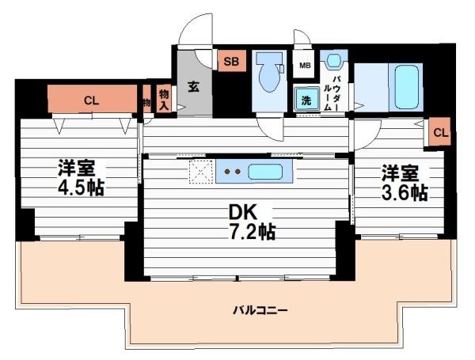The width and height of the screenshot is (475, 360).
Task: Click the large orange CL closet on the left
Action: click(x=91, y=100)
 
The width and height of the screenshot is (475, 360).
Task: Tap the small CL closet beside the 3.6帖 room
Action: click(x=440, y=132)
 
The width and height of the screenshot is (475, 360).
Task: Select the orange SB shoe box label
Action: click(x=232, y=61)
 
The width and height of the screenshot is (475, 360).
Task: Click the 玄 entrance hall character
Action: click(x=192, y=86)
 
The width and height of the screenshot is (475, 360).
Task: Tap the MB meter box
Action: click(x=304, y=65)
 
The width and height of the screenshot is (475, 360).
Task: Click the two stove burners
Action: click(x=233, y=170)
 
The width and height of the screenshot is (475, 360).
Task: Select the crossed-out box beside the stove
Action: click(x=200, y=170)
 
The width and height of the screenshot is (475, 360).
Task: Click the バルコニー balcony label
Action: click(x=260, y=310)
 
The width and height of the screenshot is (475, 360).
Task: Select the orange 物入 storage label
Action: click(x=164, y=99)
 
